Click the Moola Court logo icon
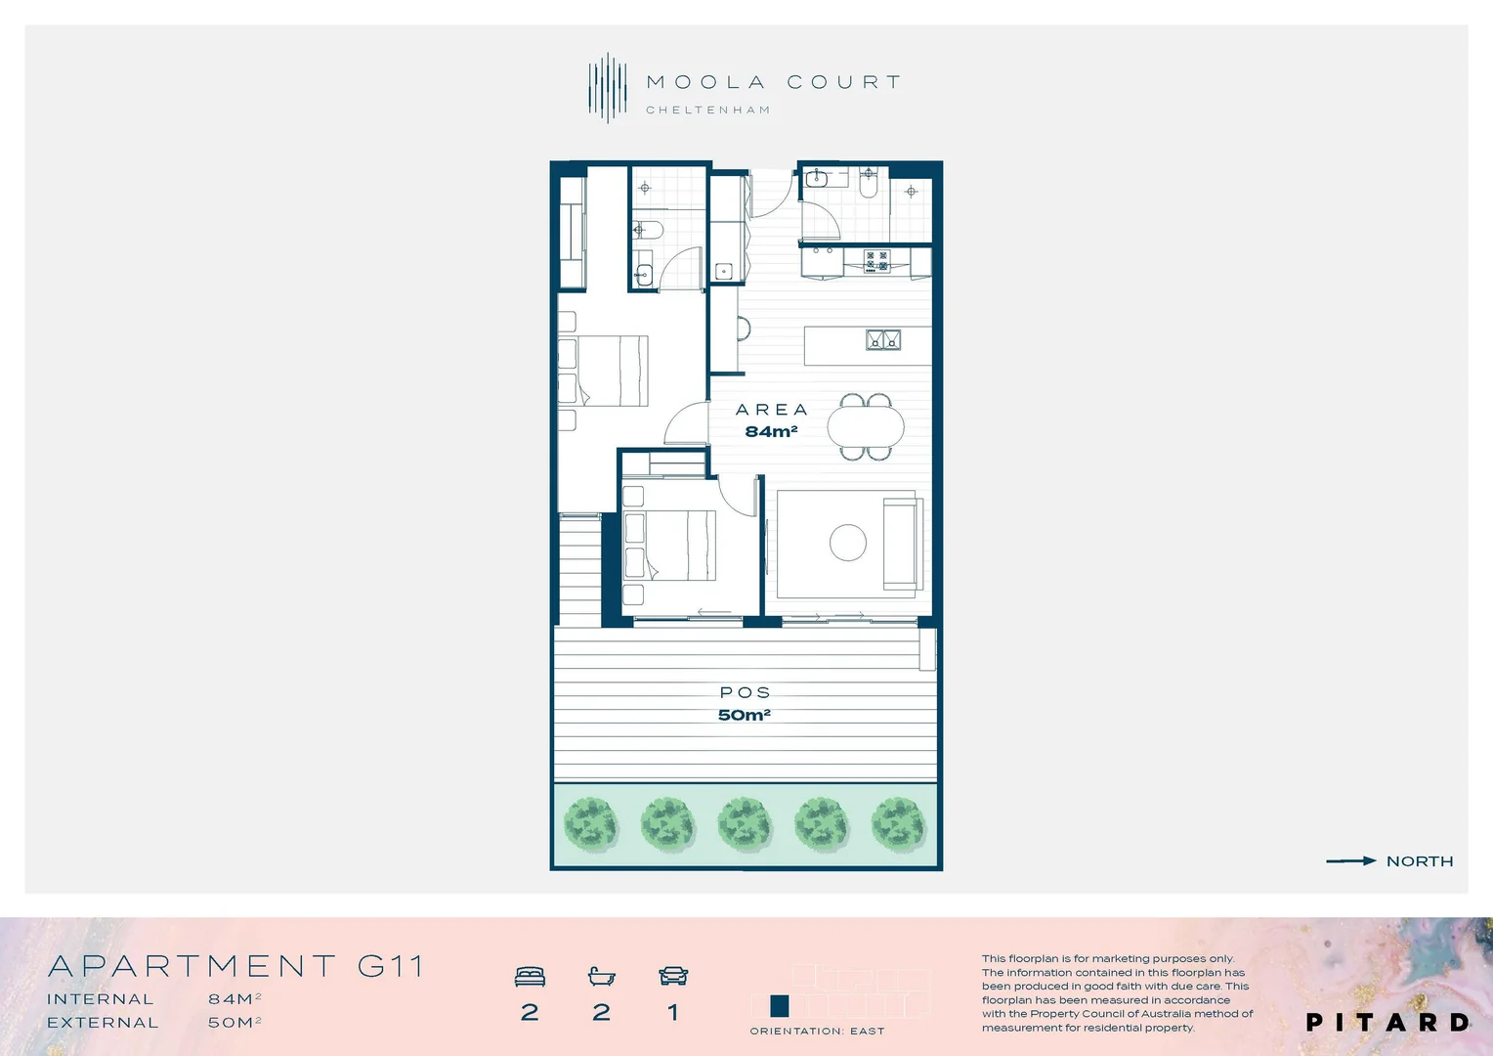click(607, 88)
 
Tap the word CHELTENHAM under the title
click(707, 110)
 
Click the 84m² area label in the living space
click(771, 432)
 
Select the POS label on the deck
click(745, 692)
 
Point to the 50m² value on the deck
click(744, 715)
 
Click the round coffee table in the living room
click(847, 543)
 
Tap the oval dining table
click(866, 426)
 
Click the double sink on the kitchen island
click(883, 340)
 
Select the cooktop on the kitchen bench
click(876, 260)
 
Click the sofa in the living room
click(902, 544)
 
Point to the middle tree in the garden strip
click(745, 823)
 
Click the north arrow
click(1350, 861)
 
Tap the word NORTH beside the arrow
click(1420, 861)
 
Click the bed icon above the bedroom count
click(530, 976)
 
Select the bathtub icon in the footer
click(601, 976)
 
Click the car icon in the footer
click(673, 976)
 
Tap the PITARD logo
click(1387, 1023)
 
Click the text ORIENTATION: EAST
click(817, 1032)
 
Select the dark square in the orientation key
click(780, 1006)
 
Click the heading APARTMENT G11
click(235, 967)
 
